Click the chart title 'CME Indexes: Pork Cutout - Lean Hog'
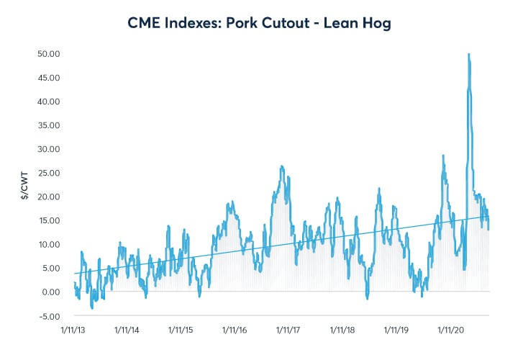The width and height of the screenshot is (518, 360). [259, 23]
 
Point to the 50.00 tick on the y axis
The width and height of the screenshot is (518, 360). [49, 53]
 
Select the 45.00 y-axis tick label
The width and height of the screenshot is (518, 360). [49, 77]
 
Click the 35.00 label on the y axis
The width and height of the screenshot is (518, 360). [49, 125]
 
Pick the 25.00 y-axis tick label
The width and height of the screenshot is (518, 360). [49, 172]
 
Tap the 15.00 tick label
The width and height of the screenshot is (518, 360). [49, 220]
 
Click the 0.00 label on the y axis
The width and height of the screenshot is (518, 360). [50, 292]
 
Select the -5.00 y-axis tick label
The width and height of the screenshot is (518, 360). [50, 315]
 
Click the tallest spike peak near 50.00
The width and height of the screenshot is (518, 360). [468, 55]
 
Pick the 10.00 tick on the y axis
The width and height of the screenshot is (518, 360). [49, 244]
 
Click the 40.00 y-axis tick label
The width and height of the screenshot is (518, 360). [49, 101]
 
